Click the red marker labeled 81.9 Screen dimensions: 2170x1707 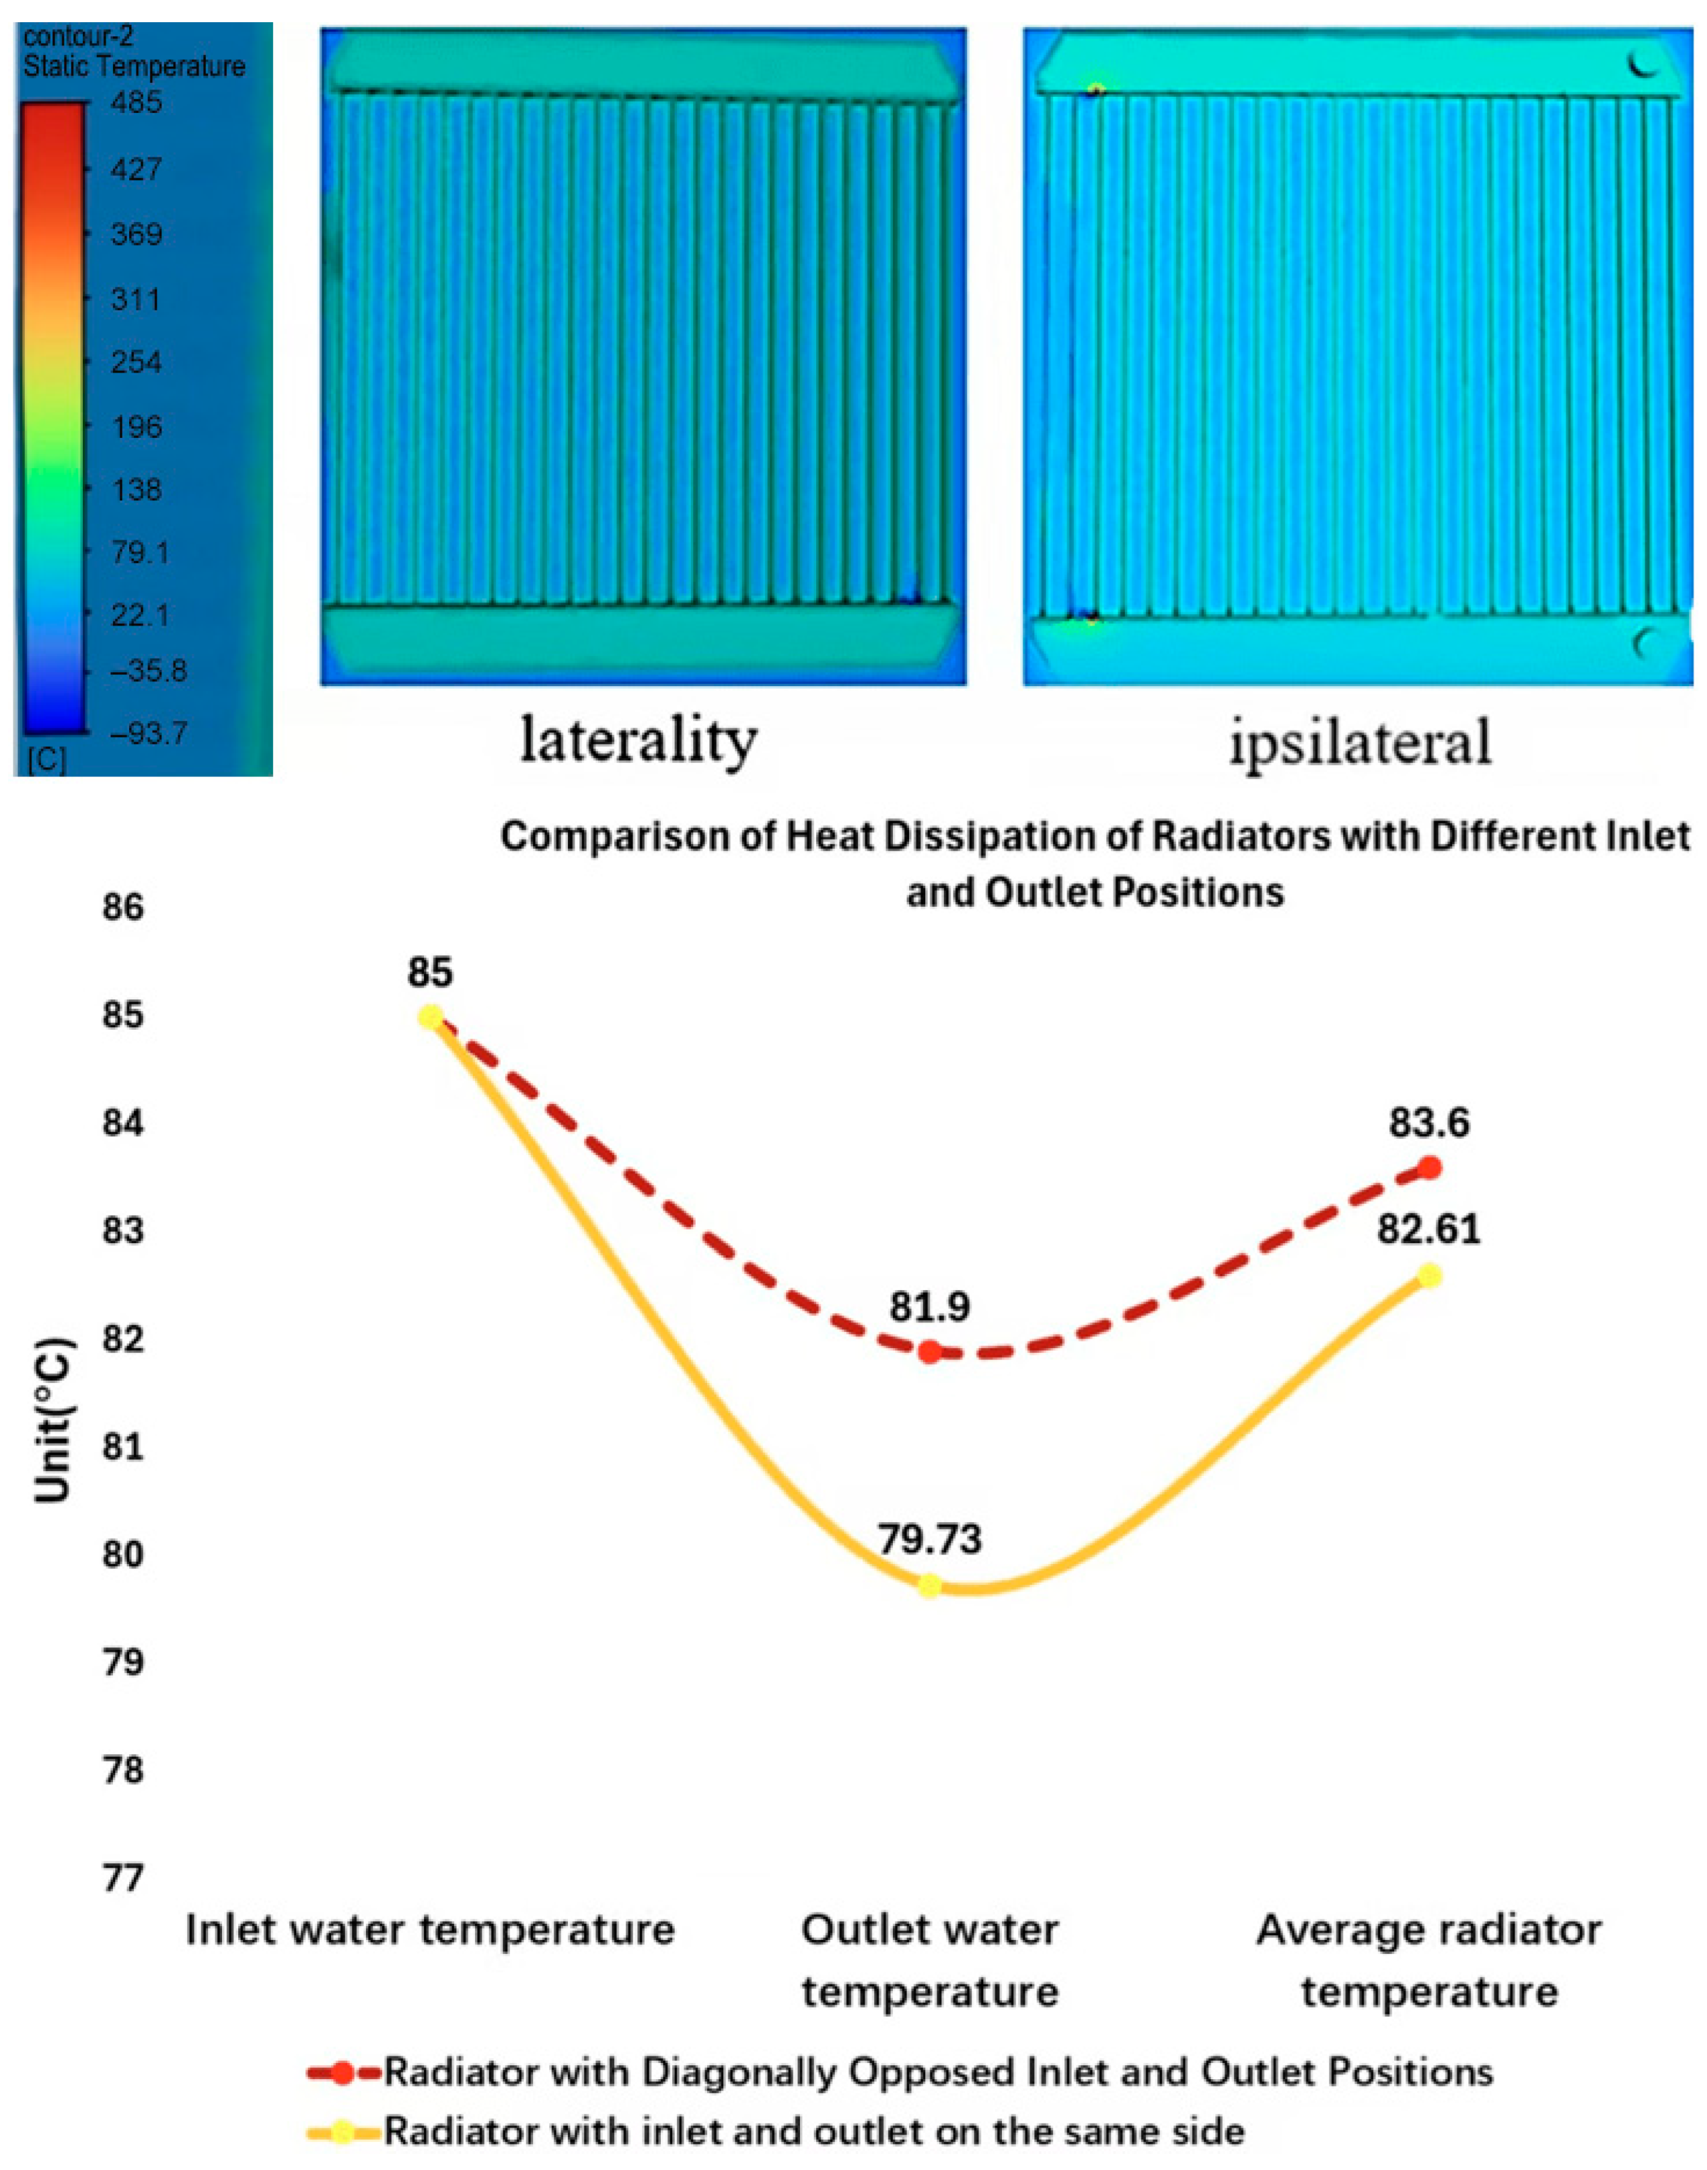(929, 1353)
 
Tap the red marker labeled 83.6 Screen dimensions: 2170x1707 (1429, 1167)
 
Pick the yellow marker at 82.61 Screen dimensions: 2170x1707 (1429, 1276)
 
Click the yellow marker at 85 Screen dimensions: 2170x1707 (431, 1017)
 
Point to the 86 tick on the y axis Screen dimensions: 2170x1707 (123, 908)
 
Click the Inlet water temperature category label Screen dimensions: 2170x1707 (431, 1929)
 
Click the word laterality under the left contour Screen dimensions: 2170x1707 (639, 741)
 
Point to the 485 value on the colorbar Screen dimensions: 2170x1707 (136, 103)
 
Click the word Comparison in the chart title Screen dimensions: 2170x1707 (636, 836)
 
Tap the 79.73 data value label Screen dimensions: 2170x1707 (929, 1540)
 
